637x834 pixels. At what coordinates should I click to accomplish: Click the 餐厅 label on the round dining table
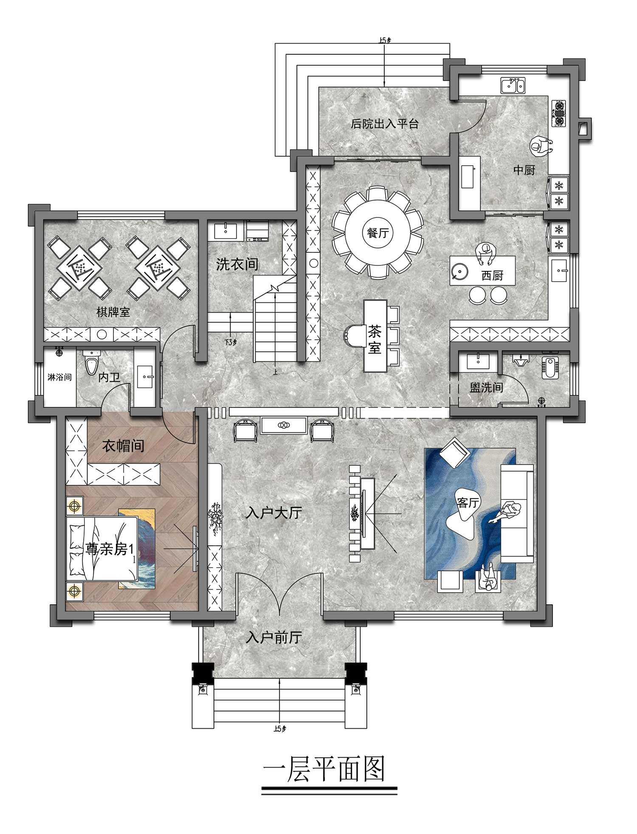point(378,233)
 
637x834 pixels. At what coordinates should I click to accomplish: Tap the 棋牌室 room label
point(113,313)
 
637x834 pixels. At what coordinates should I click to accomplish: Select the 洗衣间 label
point(237,265)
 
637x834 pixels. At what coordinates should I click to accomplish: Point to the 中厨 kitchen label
point(524,170)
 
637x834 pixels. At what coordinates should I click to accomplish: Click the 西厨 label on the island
point(492,276)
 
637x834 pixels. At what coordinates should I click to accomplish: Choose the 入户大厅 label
point(274,513)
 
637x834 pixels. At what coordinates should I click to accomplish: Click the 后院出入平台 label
point(385,124)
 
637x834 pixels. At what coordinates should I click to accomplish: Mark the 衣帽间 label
point(123,446)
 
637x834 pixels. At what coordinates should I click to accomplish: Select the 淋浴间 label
point(59,377)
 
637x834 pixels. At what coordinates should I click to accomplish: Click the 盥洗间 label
point(486,387)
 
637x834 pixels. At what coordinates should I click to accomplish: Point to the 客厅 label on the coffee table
point(468,502)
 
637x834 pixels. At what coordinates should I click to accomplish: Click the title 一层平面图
point(324,768)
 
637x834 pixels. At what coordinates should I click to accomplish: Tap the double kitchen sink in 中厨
point(513,85)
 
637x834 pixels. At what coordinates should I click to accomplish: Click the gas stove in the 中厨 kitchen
point(560,113)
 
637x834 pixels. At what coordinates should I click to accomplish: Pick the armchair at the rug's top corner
point(454,451)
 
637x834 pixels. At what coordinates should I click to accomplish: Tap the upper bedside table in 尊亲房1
point(74,506)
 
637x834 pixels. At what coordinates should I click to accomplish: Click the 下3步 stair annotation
point(230,342)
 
